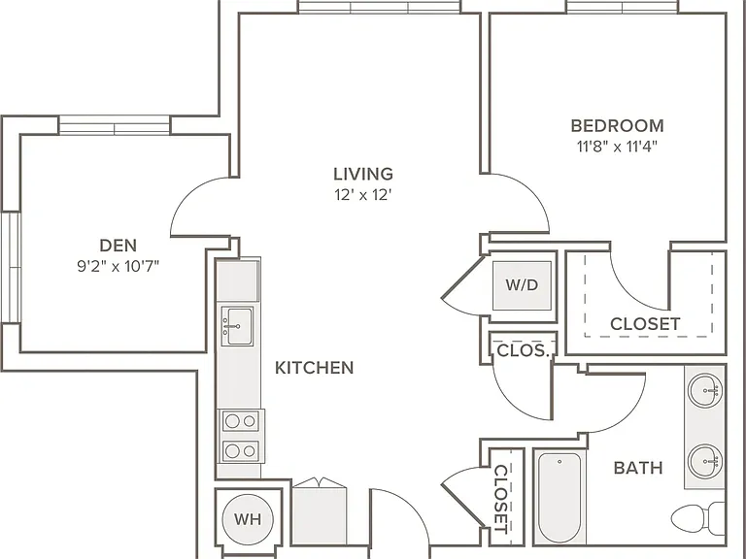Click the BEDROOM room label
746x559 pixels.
coord(617,125)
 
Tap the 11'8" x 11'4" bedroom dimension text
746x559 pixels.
coord(617,147)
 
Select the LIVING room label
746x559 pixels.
coord(363,174)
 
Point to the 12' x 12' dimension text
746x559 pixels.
coord(363,195)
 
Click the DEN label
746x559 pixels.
coord(118,246)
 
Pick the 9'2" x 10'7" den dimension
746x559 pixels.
coord(118,266)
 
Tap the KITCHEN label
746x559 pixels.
coord(315,368)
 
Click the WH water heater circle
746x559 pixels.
coord(248,519)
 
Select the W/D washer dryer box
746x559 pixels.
coord(522,285)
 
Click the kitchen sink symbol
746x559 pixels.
coord(237,326)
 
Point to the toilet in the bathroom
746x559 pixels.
coord(698,517)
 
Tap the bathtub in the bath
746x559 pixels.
coord(559,497)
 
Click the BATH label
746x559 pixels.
coord(638,468)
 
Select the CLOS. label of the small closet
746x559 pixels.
coord(523,350)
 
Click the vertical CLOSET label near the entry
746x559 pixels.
coord(501,499)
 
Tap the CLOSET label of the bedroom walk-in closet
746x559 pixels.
coord(645,324)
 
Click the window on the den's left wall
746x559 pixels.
coord(11,267)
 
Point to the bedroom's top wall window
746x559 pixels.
coord(623,7)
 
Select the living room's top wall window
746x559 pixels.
coord(379,7)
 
